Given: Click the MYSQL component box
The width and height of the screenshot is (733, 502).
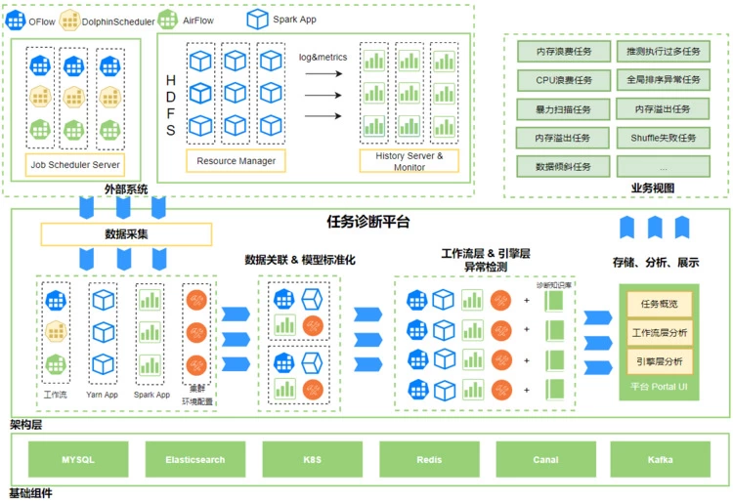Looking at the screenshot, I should click(78, 459).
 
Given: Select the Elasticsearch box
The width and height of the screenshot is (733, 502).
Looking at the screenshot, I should click(194, 459).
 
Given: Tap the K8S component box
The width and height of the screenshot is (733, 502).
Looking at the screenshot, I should click(312, 459).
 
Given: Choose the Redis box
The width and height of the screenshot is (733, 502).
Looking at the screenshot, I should click(428, 459).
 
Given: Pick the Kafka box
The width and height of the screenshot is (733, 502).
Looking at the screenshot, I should click(662, 459).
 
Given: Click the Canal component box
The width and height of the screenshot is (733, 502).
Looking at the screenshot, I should click(545, 459).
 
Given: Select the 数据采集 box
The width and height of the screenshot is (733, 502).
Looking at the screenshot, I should click(126, 234).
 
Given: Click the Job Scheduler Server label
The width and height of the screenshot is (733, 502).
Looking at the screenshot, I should click(75, 165).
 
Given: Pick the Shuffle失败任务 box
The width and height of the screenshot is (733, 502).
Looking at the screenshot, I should click(664, 138).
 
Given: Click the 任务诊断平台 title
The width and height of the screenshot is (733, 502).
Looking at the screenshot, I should click(367, 222).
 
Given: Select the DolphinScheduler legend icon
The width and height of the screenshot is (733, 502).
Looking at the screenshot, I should click(69, 19).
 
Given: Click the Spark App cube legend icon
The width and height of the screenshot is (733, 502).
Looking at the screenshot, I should click(257, 19).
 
